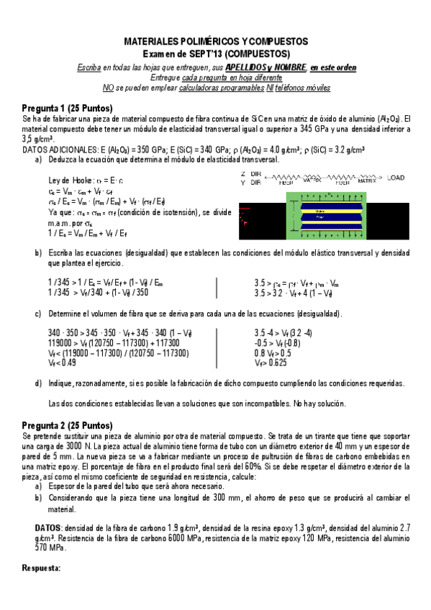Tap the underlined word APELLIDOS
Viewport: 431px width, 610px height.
point(249,67)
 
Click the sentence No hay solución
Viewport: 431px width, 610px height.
point(314,403)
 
